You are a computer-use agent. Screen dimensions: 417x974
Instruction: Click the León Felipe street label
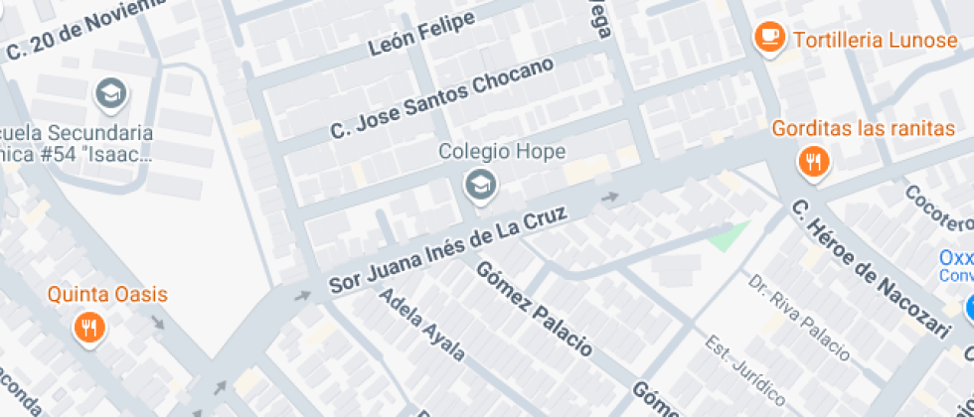click(x=421, y=37)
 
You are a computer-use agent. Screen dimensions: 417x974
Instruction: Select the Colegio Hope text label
click(x=502, y=152)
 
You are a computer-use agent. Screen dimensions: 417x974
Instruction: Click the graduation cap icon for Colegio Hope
click(x=481, y=184)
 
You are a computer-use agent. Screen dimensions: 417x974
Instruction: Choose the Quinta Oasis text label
click(x=107, y=295)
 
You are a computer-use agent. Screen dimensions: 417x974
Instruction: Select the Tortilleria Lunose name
click(x=861, y=39)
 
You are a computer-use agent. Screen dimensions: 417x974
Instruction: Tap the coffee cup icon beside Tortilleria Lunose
click(x=768, y=38)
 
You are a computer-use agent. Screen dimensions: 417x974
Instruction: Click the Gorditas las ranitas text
click(x=864, y=129)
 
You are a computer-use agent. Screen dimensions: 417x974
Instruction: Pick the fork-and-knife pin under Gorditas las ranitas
click(x=814, y=161)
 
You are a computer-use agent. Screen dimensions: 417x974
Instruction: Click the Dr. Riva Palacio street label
click(x=799, y=317)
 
